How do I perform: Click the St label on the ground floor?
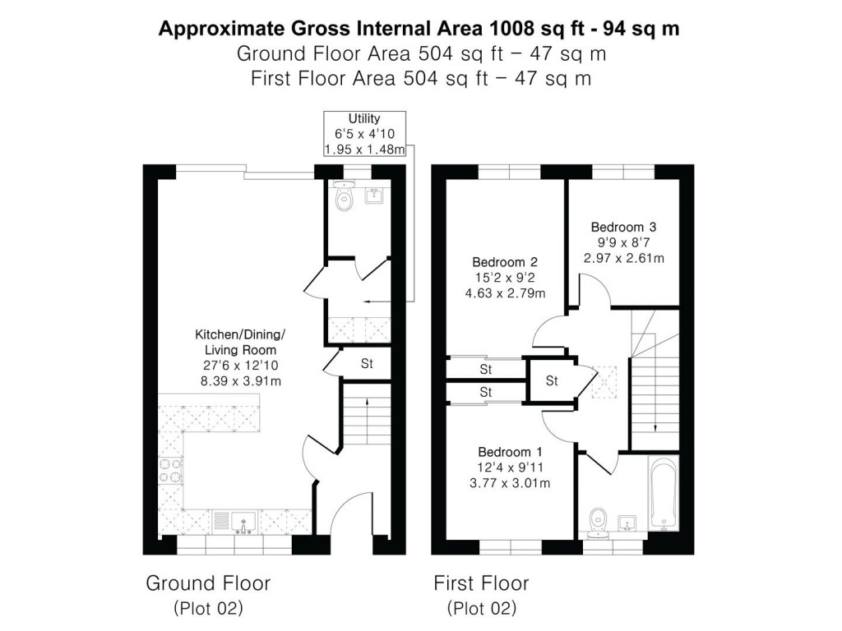[x=367, y=363]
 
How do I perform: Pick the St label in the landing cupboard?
[x=552, y=381]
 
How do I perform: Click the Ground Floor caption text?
[x=208, y=583]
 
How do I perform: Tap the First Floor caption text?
[x=481, y=583]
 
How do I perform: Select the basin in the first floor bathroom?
[x=627, y=521]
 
